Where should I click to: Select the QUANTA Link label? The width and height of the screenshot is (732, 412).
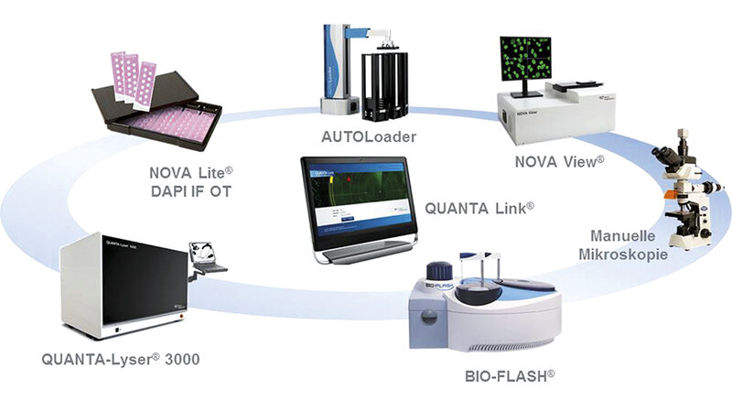coord(479,208)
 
